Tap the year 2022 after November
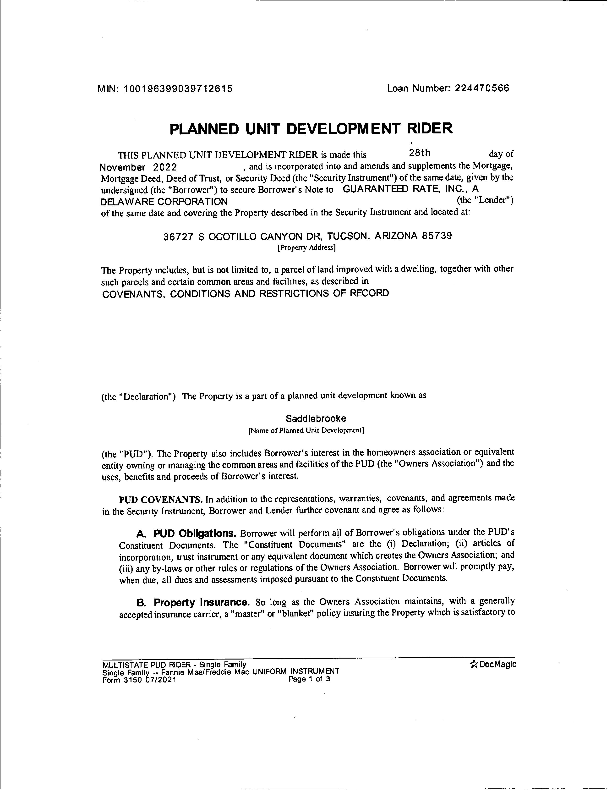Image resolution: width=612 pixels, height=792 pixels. [x=165, y=167]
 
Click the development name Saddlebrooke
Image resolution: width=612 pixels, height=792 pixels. [x=316, y=418]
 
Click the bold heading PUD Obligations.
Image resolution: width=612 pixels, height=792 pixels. [x=195, y=533]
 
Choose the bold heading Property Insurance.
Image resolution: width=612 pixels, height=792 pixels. [x=202, y=602]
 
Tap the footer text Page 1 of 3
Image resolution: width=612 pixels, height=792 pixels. [x=309, y=679]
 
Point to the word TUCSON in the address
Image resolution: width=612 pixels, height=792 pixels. [x=348, y=236]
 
